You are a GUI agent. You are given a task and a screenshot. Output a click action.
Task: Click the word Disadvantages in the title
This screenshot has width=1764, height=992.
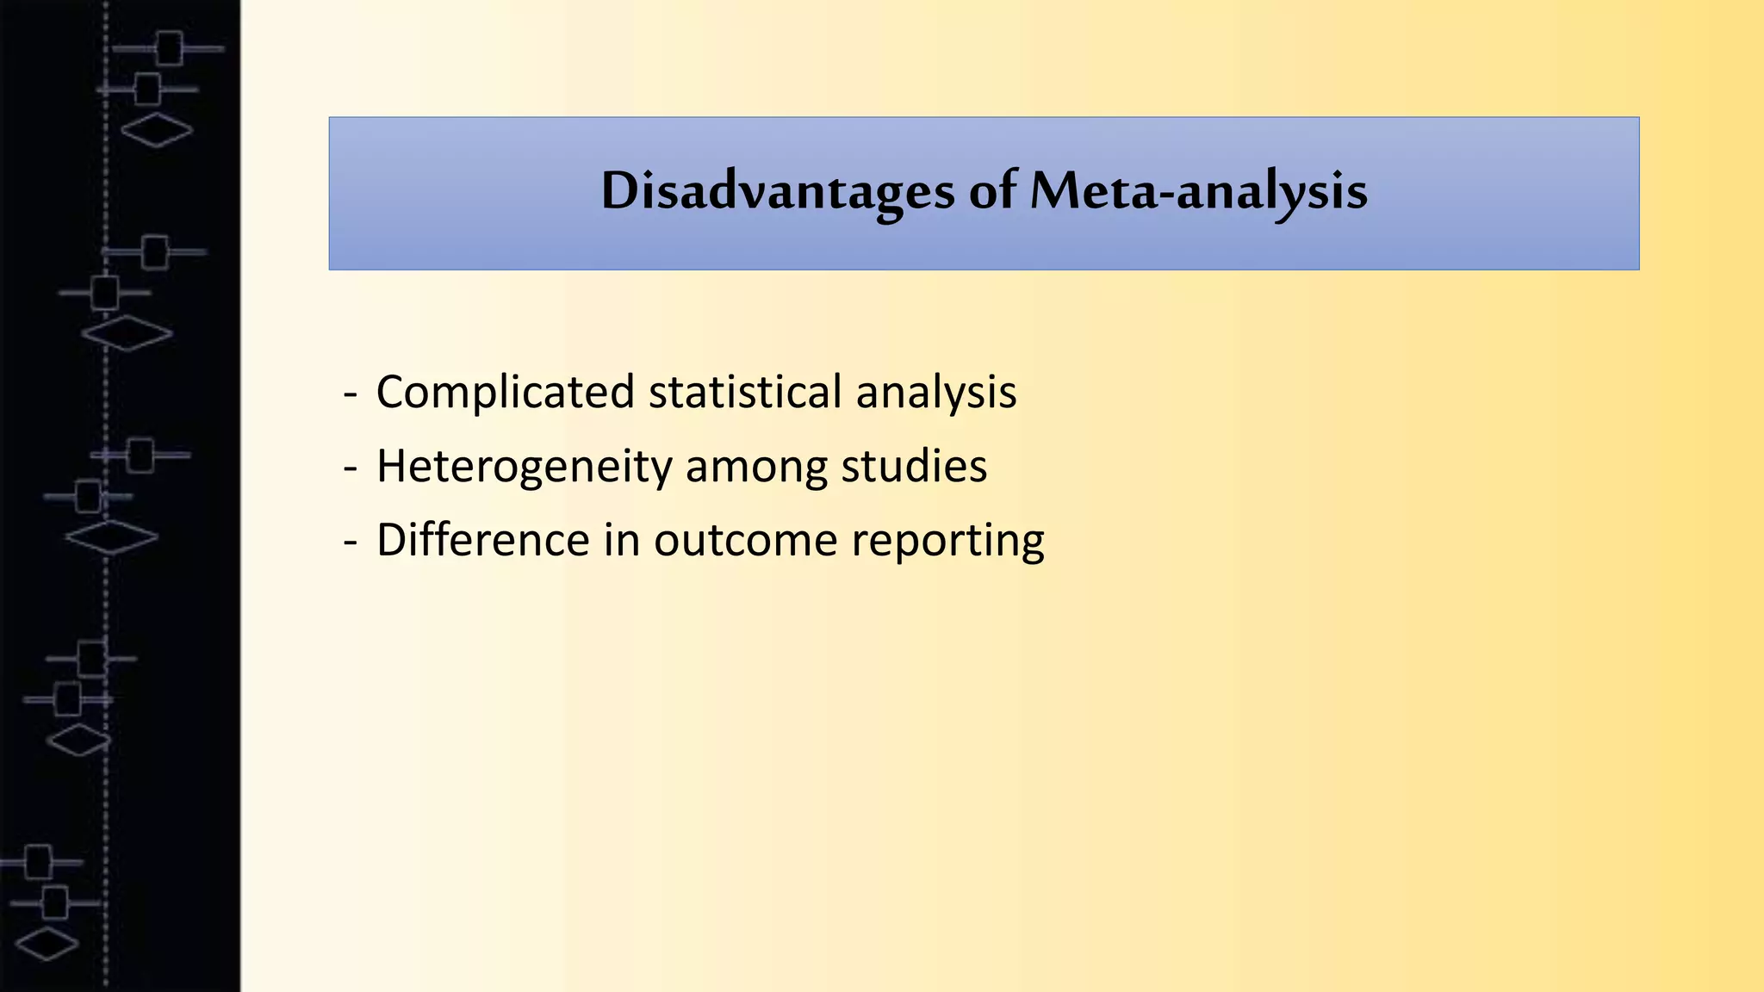(x=777, y=191)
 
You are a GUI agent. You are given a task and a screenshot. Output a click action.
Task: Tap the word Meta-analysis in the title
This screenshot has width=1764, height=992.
(x=1198, y=191)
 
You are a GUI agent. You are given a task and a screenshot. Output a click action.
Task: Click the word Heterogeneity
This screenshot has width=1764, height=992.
(x=524, y=468)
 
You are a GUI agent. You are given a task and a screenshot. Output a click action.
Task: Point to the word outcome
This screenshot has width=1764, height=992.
(x=745, y=542)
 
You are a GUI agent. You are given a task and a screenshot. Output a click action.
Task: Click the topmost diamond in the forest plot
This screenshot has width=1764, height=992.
(x=156, y=130)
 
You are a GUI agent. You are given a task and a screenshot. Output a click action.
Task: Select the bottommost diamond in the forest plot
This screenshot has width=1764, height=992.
(x=47, y=943)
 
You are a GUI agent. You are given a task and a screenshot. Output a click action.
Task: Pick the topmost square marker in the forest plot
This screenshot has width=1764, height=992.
(x=169, y=48)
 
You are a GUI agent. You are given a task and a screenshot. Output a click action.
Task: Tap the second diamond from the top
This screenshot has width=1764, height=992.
(x=127, y=333)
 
